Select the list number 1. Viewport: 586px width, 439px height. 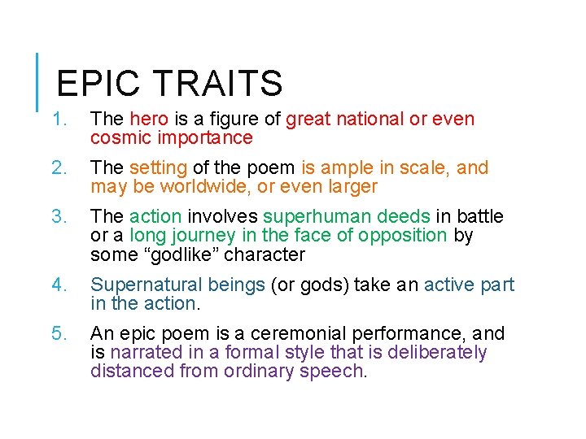click(x=58, y=120)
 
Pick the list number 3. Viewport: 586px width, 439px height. click(x=58, y=217)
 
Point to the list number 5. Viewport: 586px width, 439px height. click(x=58, y=334)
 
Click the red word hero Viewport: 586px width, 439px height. click(x=148, y=120)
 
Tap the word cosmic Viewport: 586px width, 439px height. click(x=117, y=138)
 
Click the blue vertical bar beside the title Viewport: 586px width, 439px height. click(x=39, y=82)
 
